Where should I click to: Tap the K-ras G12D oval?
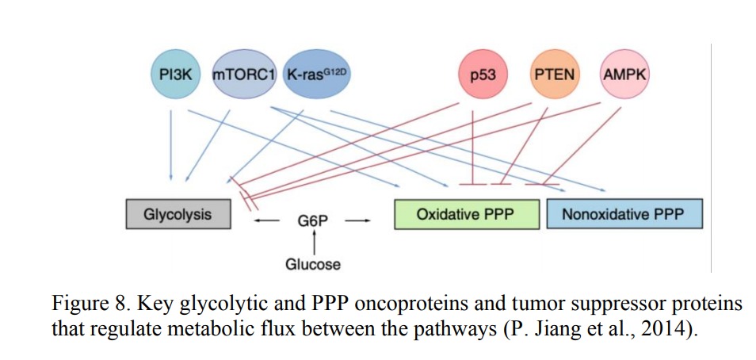pyautogui.click(x=316, y=75)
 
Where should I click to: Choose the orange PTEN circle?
pyautogui.click(x=554, y=75)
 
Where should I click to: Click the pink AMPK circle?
pyautogui.click(x=624, y=75)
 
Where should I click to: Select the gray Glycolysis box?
pyautogui.click(x=178, y=214)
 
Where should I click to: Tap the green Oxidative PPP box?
pyautogui.click(x=467, y=214)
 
